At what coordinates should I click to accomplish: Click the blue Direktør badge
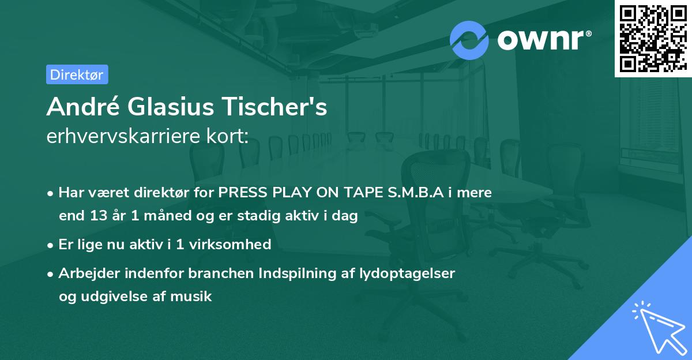77,74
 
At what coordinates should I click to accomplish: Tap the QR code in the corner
652,38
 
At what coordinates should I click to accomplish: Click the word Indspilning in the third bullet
280,273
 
